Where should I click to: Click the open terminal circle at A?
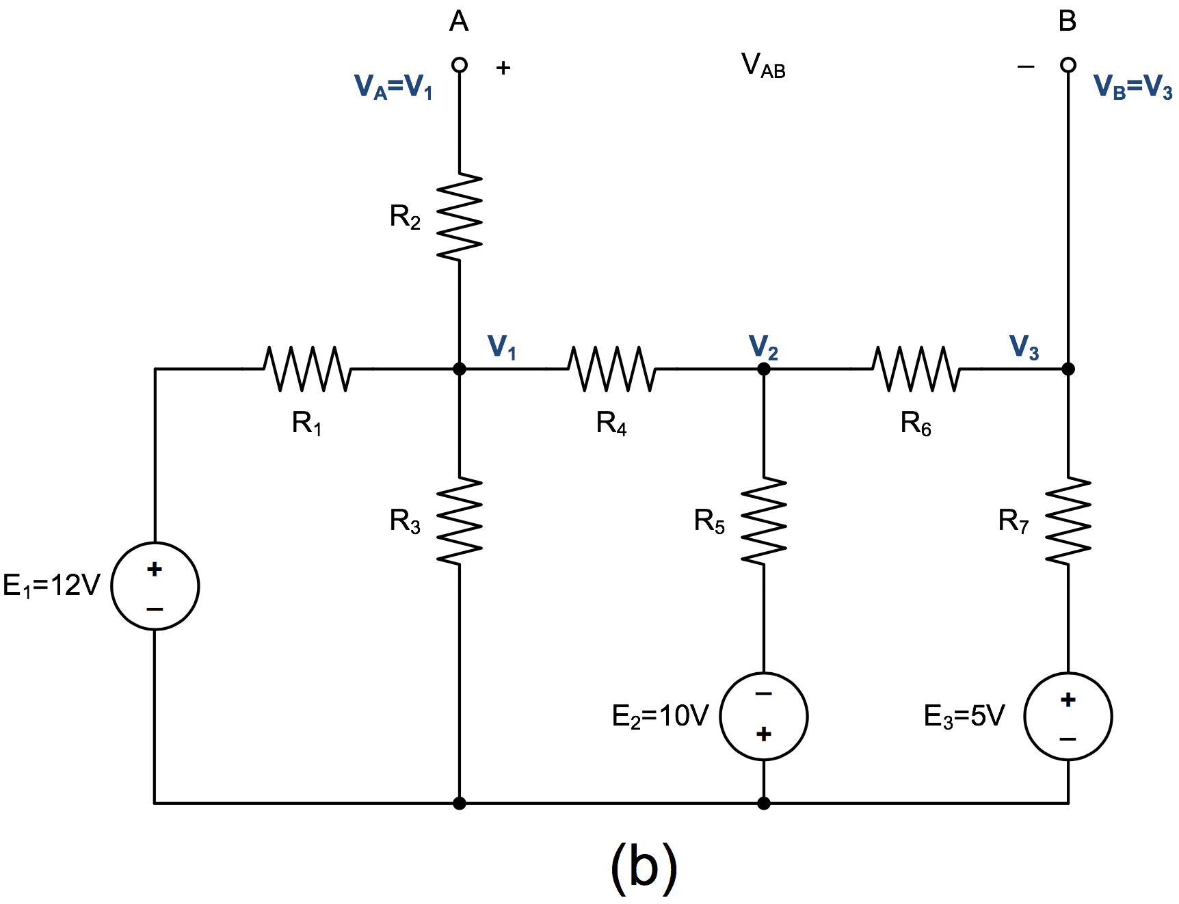tap(460, 65)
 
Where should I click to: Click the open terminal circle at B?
tap(1068, 65)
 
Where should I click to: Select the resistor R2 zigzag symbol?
tap(460, 216)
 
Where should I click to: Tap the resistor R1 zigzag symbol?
tap(307, 369)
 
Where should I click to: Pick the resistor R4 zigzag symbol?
tap(611, 369)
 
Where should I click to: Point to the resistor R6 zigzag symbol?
tap(916, 369)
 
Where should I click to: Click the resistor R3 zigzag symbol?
tap(460, 521)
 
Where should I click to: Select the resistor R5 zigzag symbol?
tap(764, 521)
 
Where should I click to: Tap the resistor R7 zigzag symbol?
tap(1068, 521)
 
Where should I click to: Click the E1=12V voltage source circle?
tap(155, 586)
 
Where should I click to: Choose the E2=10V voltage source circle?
tap(764, 716)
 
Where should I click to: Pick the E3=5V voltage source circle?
tap(1068, 716)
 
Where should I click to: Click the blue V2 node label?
tap(763, 347)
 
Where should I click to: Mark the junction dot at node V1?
tap(460, 369)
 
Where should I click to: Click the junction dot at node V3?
tap(1068, 369)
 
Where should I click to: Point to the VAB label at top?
tap(763, 66)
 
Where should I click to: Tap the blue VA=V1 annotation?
tap(393, 87)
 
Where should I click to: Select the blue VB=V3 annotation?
tap(1132, 87)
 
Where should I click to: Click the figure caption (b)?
tap(644, 866)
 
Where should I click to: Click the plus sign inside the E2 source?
tap(764, 734)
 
